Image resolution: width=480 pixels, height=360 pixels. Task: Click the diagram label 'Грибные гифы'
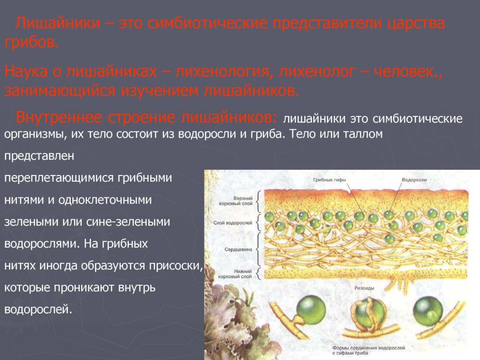pos(329,180)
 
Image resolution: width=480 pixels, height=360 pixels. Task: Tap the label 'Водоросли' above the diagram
pos(414,180)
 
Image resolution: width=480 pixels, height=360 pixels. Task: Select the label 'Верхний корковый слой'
pos(236,201)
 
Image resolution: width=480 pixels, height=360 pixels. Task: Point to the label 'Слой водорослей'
pos(233,222)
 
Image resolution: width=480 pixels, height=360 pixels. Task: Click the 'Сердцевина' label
pos(238,249)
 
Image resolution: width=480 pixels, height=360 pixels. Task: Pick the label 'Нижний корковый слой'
pos(235,274)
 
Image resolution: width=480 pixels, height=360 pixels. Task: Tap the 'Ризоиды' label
pos(364,288)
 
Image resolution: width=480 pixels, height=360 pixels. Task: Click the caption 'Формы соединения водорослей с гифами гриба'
pos(369,351)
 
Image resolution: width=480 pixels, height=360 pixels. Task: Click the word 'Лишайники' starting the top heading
pos(57,23)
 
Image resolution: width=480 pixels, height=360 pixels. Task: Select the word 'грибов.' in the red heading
pos(31,42)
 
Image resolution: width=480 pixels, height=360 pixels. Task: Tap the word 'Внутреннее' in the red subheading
pos(59,117)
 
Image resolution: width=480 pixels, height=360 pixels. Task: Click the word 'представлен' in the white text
pos(39,156)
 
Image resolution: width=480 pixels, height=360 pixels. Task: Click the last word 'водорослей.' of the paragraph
pos(38,309)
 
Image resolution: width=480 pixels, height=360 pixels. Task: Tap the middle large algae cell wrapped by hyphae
pos(367,313)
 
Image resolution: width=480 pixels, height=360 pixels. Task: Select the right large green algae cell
pos(428,311)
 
